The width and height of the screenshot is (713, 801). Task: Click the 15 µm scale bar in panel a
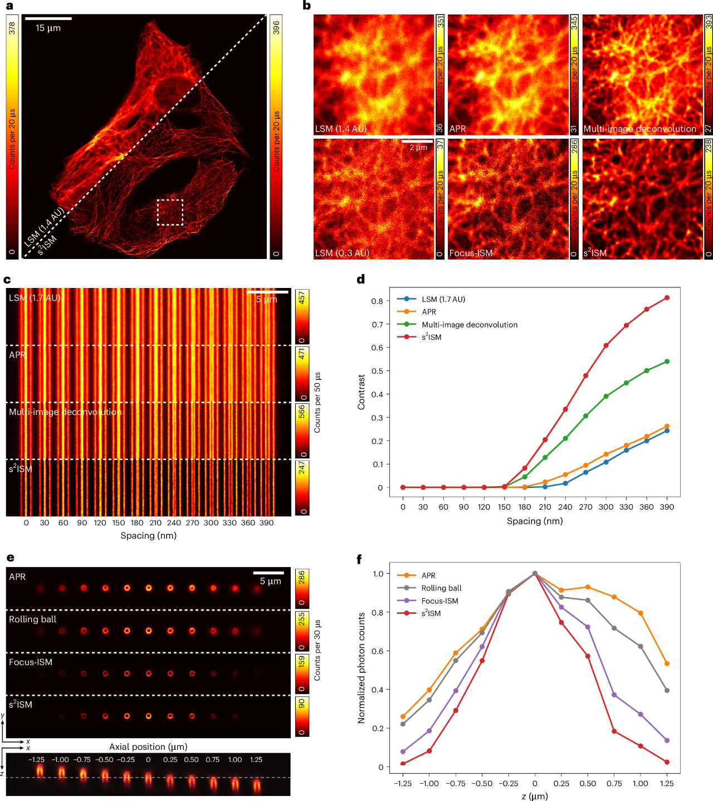click(48, 18)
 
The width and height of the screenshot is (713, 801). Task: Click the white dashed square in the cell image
click(170, 212)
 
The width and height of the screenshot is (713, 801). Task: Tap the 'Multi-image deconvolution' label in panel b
click(639, 129)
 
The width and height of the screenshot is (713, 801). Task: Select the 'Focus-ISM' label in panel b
click(471, 253)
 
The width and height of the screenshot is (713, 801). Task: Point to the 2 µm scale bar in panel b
click(417, 141)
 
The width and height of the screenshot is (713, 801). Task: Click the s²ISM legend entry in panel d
click(431, 337)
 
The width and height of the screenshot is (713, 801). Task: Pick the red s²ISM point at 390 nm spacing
click(667, 298)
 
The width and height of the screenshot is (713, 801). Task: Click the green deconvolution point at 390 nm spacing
click(667, 362)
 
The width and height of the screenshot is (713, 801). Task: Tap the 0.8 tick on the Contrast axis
click(377, 301)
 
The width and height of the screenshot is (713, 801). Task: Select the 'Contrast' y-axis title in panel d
click(362, 392)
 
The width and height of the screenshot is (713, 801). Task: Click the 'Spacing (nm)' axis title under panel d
click(535, 521)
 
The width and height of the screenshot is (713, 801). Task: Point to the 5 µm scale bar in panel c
click(267, 291)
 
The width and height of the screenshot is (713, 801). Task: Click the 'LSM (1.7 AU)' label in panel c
click(35, 298)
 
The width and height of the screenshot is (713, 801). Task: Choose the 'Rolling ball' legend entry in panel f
click(441, 588)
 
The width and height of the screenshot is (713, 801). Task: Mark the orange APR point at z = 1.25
click(667, 663)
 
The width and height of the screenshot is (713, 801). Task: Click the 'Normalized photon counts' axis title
click(362, 668)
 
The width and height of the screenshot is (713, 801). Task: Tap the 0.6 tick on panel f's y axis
click(377, 651)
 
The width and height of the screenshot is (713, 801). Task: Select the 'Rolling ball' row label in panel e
click(32, 619)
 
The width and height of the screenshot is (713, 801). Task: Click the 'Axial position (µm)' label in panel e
click(148, 747)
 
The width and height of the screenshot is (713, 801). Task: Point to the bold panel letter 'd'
click(361, 280)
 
